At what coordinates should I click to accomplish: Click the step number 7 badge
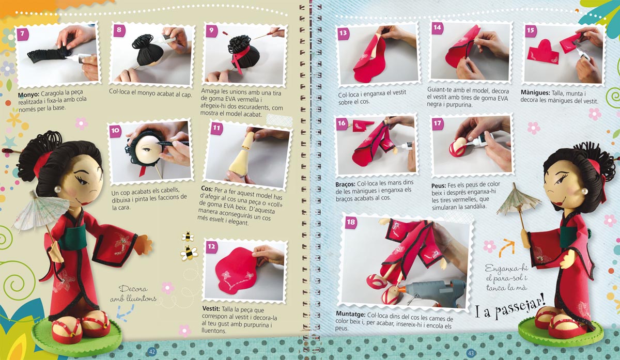point(23,34)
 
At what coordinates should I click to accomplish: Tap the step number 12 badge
point(212,246)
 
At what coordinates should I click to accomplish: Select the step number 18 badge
point(351,222)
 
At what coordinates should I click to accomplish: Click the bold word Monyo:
point(28,95)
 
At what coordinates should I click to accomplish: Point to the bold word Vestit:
point(211,308)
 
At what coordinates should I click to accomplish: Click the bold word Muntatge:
point(351,315)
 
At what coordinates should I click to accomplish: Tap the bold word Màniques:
point(535,92)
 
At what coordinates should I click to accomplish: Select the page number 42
point(152,352)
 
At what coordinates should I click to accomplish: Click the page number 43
point(471,353)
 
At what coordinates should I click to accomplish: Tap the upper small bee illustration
point(188,237)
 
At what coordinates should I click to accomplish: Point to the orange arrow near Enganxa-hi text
point(506,247)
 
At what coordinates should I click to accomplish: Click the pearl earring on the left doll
point(57,189)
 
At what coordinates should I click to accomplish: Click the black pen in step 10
point(172,144)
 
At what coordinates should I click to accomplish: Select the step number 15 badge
point(531,30)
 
